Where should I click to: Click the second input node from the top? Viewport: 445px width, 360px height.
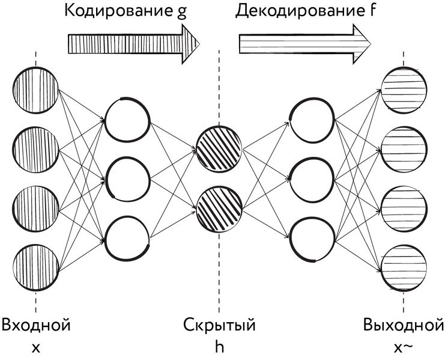tap(36, 148)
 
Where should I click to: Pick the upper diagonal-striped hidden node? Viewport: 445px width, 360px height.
tap(219, 147)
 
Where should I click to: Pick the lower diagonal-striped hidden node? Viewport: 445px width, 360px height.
tap(219, 207)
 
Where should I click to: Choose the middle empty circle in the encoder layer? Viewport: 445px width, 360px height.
tap(127, 178)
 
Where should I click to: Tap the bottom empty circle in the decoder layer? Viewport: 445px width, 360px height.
tap(311, 239)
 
